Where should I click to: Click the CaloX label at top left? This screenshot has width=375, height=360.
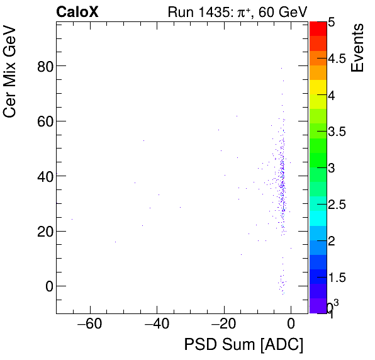pos(77,12)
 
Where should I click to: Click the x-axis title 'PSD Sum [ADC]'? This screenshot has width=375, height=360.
pos(243,345)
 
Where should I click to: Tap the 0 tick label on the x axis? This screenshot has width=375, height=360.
pos(291,325)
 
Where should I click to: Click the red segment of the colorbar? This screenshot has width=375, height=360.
pos(318,28)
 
